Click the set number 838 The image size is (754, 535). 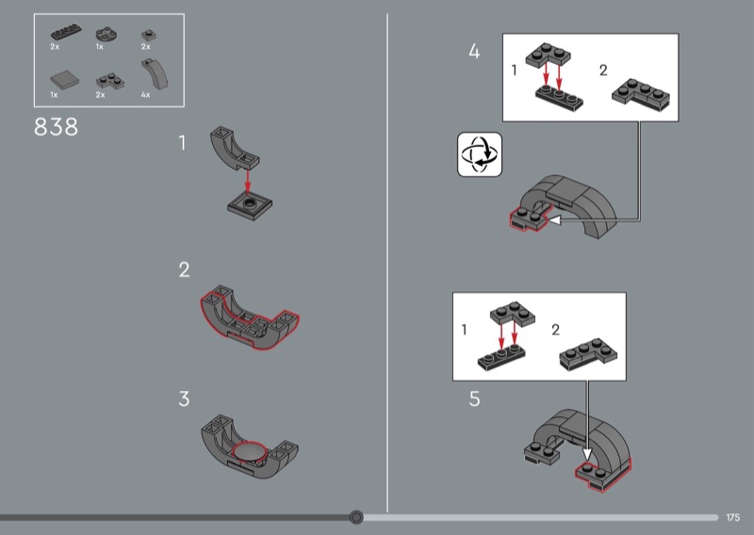click(x=56, y=127)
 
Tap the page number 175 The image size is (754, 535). click(x=734, y=517)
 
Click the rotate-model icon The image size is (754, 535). click(x=480, y=154)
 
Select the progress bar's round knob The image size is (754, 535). click(x=356, y=517)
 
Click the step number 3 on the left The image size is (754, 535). click(x=184, y=398)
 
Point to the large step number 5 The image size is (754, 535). click(x=474, y=399)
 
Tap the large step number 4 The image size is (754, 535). click(x=474, y=52)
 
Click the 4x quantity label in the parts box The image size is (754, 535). click(x=145, y=95)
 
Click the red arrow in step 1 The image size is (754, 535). click(x=247, y=179)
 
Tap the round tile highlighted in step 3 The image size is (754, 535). click(x=252, y=454)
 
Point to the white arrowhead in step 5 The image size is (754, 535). click(x=589, y=450)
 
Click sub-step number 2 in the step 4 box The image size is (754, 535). click(x=604, y=70)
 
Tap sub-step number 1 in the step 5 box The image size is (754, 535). click(x=464, y=330)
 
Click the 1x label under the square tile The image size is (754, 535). click(x=55, y=95)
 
